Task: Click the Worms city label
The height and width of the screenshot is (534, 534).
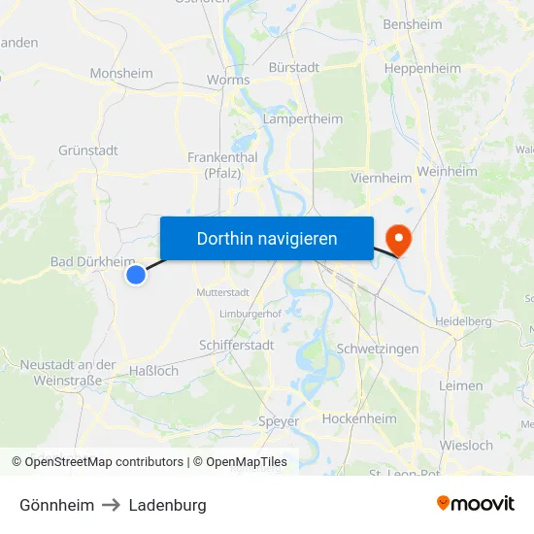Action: tap(228, 80)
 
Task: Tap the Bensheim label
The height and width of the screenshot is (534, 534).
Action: tap(413, 24)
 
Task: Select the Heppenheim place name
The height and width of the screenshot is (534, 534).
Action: tap(422, 69)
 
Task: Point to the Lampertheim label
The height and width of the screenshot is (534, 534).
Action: tap(302, 119)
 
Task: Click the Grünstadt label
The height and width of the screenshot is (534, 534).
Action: tap(88, 150)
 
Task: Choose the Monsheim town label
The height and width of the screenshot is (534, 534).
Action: tap(121, 73)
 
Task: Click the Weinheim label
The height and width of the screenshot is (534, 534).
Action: tap(447, 171)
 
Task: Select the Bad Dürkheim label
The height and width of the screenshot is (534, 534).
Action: tap(92, 261)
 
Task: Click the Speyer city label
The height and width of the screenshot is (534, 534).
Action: tap(279, 421)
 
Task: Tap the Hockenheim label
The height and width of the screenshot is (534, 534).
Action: tap(359, 419)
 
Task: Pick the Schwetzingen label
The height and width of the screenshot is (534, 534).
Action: tap(378, 349)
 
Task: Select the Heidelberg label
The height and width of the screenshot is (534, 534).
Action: tap(464, 321)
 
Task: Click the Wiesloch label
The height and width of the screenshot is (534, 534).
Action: tap(466, 446)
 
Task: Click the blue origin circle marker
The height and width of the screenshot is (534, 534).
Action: tap(136, 275)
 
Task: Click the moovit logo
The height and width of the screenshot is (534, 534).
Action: tap(475, 503)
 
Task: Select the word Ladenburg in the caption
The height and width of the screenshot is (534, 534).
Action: tap(167, 505)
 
